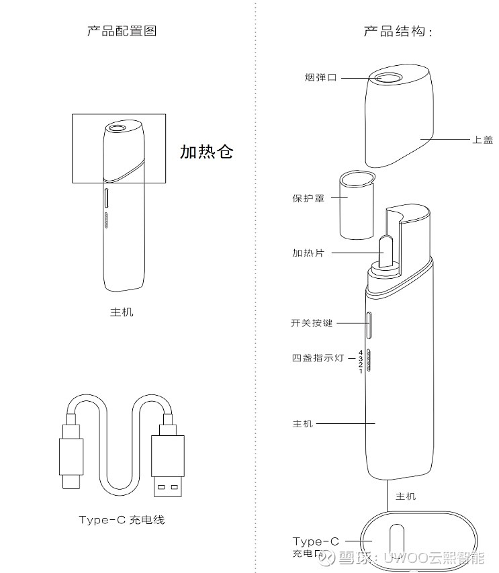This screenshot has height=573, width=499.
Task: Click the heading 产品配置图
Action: click(122, 31)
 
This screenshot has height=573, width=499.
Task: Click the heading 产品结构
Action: click(397, 32)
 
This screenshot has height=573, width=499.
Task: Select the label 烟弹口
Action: click(320, 78)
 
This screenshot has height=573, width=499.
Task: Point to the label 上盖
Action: click(482, 140)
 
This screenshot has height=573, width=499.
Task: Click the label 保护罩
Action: click(308, 199)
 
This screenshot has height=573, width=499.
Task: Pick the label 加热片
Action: click(308, 253)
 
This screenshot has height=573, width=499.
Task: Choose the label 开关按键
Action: click(311, 323)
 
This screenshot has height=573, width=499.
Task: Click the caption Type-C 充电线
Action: click(122, 520)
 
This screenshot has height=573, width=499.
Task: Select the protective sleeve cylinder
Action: click(356, 204)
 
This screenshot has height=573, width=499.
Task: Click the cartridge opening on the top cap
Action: click(388, 78)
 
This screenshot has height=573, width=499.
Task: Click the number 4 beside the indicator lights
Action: click(361, 351)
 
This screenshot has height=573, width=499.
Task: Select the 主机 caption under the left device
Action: click(122, 312)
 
